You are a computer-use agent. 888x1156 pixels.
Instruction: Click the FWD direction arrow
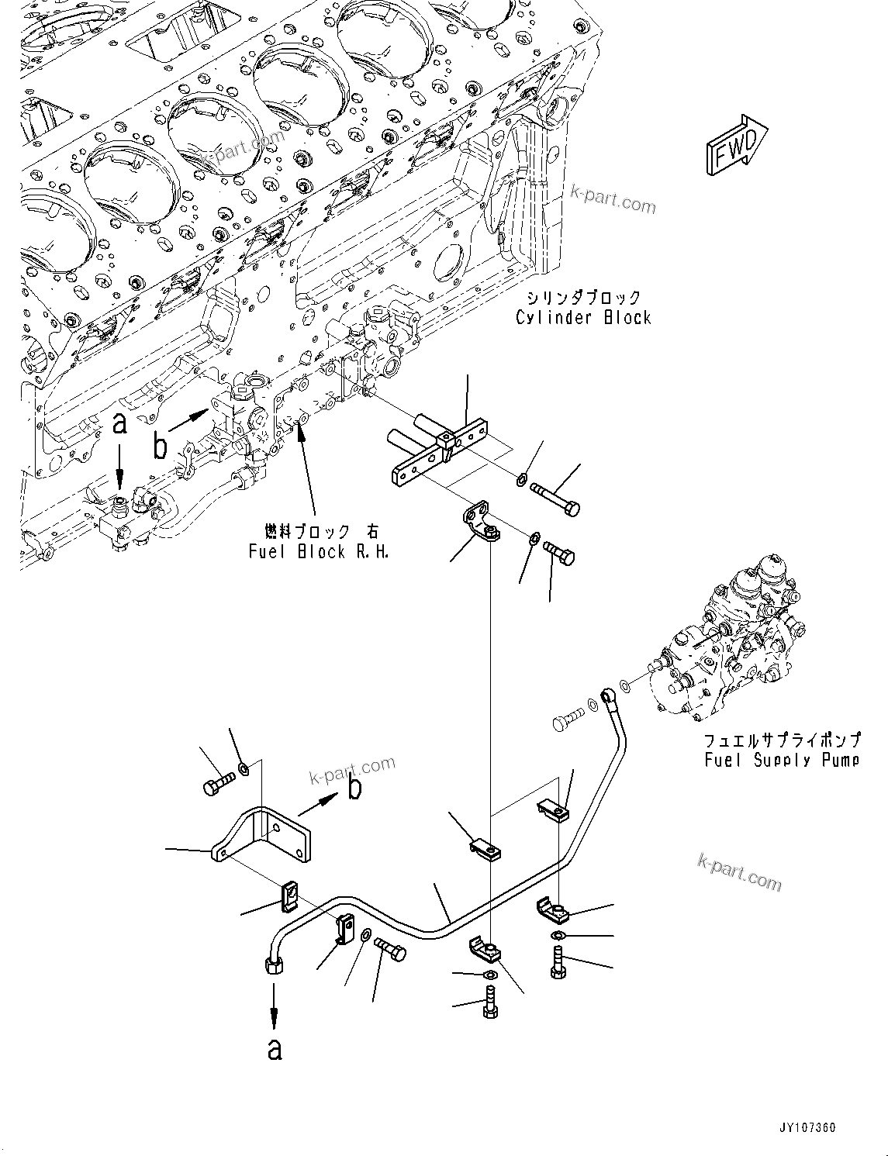point(735,147)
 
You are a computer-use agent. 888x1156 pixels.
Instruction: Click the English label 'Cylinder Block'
point(583,317)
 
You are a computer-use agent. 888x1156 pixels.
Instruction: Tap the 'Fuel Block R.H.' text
point(318,552)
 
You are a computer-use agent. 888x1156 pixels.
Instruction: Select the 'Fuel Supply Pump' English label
point(782,760)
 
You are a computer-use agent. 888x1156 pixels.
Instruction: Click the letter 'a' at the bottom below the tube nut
point(275,1049)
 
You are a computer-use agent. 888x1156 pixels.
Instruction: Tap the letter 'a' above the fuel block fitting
point(119,423)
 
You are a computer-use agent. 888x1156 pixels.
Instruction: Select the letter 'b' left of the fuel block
point(160,446)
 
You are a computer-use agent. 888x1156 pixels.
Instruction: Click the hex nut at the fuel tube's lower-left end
point(274,964)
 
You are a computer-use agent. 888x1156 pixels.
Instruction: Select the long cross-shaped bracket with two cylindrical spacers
point(440,450)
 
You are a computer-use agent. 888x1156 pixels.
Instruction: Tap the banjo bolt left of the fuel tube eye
point(566,721)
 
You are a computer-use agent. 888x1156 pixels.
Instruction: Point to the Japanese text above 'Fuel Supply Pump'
point(782,740)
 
